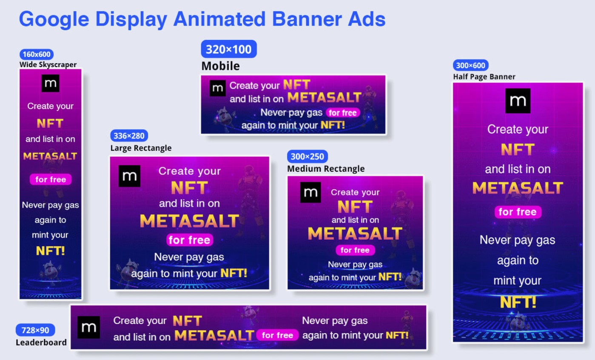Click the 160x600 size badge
pos(37,54)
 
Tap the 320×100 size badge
pos(229,49)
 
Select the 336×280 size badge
pos(129,136)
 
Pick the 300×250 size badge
pos(307,156)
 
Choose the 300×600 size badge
pos(470,65)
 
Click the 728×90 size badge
pos(35,330)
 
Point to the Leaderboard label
pos(41,343)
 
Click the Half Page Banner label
pos(484,77)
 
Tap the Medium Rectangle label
pos(326,169)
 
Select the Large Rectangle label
pos(141,148)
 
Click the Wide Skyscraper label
pos(48,65)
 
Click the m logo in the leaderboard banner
pos(88,327)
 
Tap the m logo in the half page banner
pos(518,101)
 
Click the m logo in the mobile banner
pos(218,88)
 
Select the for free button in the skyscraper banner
pos(51,179)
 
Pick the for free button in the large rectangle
pos(190,240)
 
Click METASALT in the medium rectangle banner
pos(355,233)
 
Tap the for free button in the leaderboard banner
pos(278,335)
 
